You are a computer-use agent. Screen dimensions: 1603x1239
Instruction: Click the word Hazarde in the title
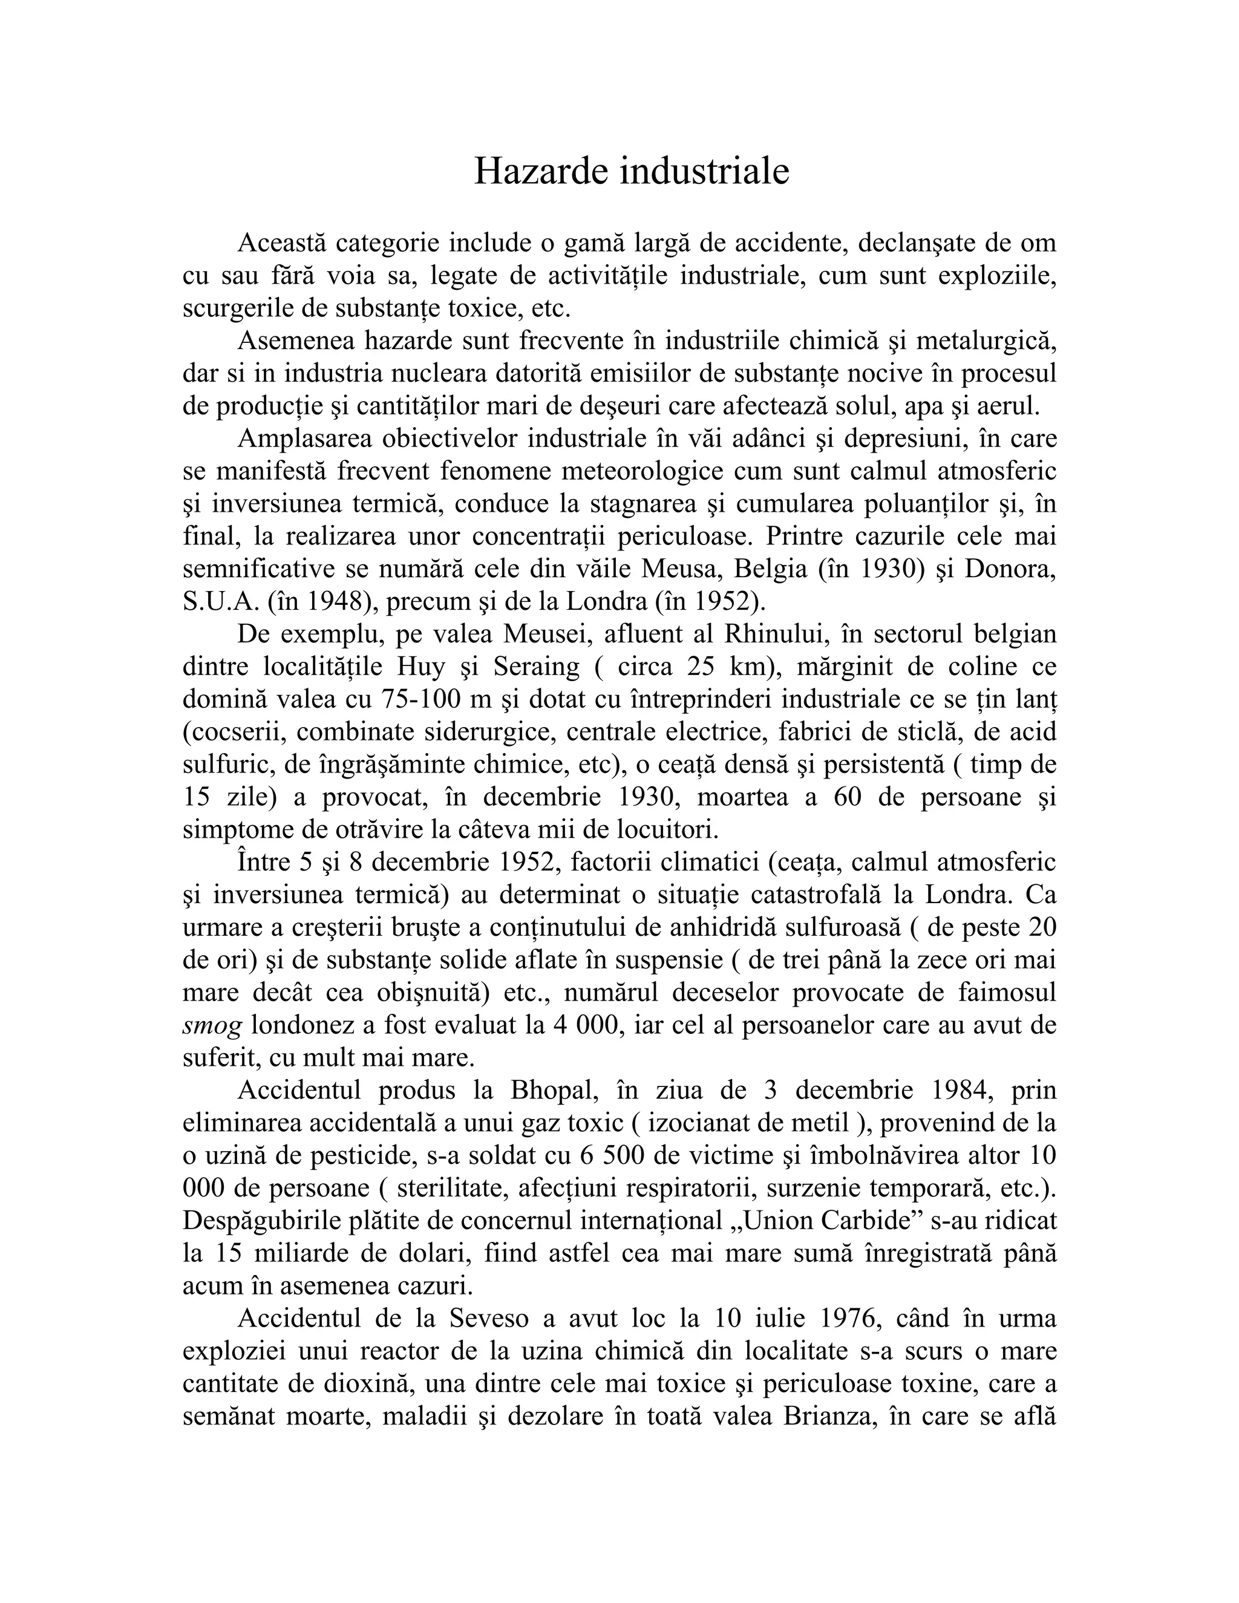click(541, 172)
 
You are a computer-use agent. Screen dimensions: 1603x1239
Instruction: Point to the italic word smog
click(212, 1025)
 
